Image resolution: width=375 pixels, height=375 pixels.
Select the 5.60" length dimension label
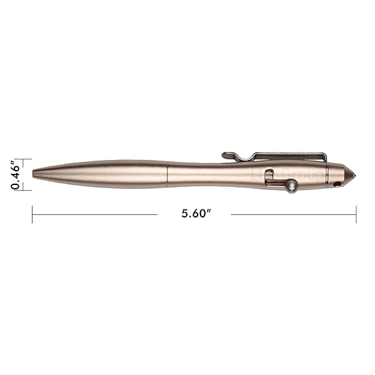click(x=196, y=214)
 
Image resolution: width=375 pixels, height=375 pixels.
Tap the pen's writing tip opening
click(x=34, y=171)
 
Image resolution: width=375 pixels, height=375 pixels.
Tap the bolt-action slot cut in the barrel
click(x=269, y=177)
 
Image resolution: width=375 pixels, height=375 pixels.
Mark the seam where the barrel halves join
click(x=169, y=173)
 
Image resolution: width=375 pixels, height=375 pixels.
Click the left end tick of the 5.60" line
click(x=32, y=214)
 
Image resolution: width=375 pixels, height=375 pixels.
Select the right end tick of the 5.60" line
click(x=356, y=214)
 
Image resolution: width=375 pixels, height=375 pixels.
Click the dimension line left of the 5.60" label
click(x=94, y=214)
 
